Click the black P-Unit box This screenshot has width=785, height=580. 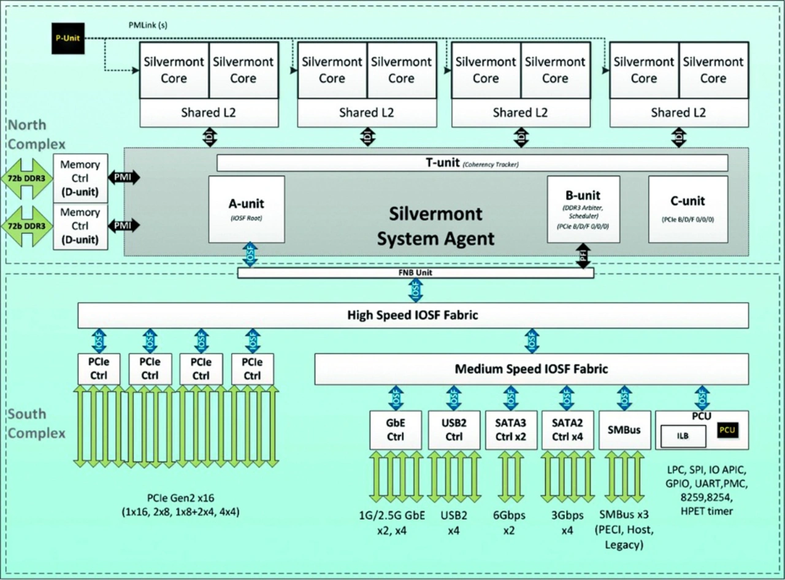coord(68,38)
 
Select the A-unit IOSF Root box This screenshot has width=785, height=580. coord(247,209)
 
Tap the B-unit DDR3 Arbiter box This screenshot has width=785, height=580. coord(583,209)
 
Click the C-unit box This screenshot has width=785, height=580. coord(688,209)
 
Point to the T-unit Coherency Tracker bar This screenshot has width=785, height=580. coord(472,163)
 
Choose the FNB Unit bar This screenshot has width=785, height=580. coord(415,273)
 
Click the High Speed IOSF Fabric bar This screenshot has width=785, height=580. coord(413,315)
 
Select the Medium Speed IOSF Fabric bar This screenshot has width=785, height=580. coord(531,369)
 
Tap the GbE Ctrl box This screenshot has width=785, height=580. coord(396,429)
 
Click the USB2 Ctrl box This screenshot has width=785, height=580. coord(453,429)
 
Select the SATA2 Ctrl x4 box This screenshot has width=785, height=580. coord(567,429)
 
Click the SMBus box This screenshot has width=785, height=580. coord(624,430)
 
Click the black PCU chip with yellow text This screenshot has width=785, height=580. coord(727,430)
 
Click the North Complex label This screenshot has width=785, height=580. coord(36,134)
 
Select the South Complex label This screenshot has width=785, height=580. coord(36,424)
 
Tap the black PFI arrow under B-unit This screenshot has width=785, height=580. coord(583,256)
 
